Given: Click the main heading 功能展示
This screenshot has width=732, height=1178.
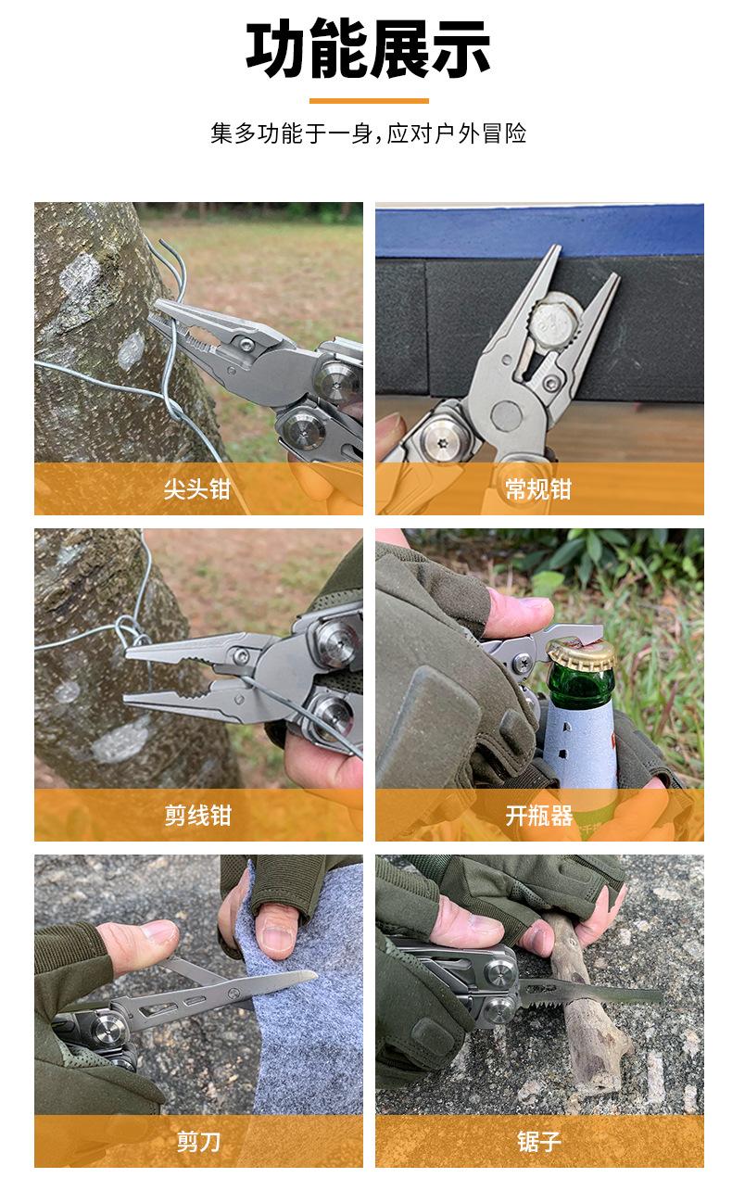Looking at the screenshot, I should (x=368, y=50).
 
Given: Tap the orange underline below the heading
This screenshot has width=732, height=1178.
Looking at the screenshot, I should (x=368, y=101).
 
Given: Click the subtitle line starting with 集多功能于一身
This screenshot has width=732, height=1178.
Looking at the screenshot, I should (x=368, y=133).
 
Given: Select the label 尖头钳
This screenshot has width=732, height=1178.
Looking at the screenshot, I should (x=197, y=489).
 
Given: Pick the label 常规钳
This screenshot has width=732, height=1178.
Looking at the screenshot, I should (x=538, y=489).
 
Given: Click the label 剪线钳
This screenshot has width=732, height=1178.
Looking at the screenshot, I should (x=197, y=816).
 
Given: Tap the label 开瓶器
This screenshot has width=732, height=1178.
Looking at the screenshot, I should (x=538, y=816).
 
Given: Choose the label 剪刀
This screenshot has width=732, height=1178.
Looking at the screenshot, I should (x=197, y=1142).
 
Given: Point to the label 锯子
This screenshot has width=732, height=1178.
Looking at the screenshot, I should (x=538, y=1142).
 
